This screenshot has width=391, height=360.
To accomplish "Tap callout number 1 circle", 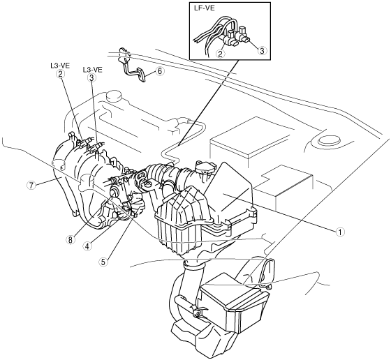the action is click(x=339, y=232).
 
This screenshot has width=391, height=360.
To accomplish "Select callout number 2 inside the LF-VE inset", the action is click(x=220, y=53).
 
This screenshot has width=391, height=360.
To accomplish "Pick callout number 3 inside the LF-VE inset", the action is click(x=262, y=50).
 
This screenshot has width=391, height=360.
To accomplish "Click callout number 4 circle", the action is click(x=87, y=246).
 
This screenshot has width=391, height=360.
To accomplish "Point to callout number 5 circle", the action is click(x=103, y=262).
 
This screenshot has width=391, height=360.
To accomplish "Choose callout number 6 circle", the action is click(x=160, y=71).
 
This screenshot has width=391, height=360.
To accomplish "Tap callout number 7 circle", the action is click(x=31, y=186).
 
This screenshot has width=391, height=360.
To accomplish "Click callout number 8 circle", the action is click(x=71, y=240).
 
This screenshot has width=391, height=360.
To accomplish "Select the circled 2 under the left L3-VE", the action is click(x=60, y=74).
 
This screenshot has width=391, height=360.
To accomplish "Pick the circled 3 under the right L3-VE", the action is click(x=91, y=77).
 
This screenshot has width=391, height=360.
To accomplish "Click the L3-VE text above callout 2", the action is click(x=60, y=66).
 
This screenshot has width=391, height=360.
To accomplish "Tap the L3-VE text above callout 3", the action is click(x=92, y=70).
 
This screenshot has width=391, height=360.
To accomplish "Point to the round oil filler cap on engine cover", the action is click(x=115, y=96).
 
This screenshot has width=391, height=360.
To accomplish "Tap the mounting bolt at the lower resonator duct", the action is click(x=197, y=312).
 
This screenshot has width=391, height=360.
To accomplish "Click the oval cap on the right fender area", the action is click(x=329, y=140).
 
